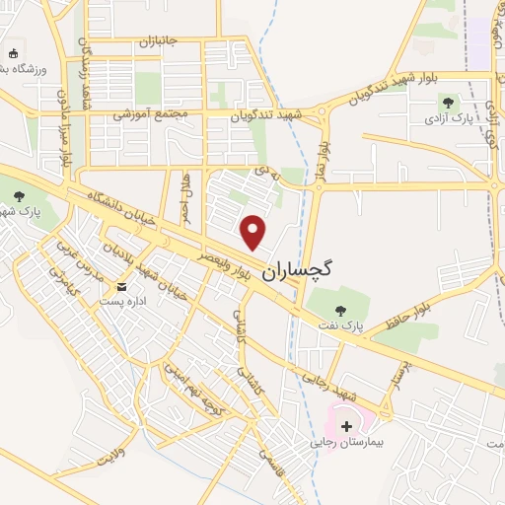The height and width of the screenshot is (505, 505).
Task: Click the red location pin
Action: click(x=254, y=233)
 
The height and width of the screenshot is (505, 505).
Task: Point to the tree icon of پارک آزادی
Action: click(x=448, y=102)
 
